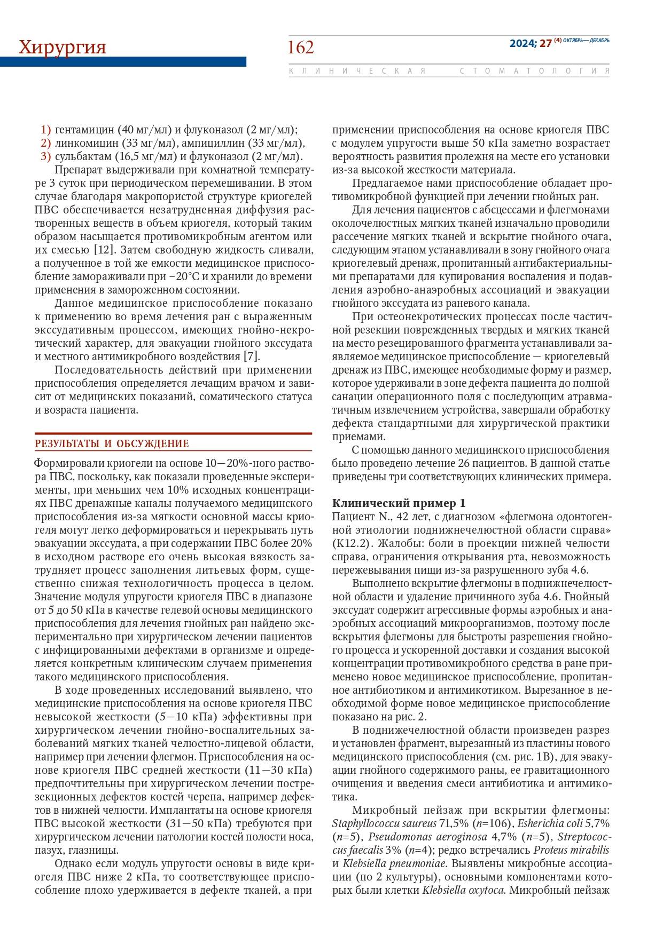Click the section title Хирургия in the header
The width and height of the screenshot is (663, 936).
click(x=63, y=47)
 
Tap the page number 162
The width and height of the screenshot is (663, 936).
click(x=301, y=47)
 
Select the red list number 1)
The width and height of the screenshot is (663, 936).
click(x=45, y=130)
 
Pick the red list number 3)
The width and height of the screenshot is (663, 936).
click(x=45, y=157)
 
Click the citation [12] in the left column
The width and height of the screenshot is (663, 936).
click(x=104, y=249)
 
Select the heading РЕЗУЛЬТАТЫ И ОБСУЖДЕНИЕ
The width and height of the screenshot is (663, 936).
click(x=112, y=444)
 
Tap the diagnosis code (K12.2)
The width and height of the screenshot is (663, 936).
click(x=350, y=544)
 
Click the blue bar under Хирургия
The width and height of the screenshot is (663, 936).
click(x=123, y=62)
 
